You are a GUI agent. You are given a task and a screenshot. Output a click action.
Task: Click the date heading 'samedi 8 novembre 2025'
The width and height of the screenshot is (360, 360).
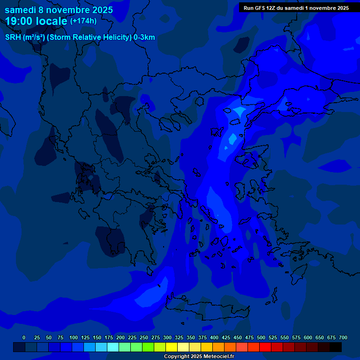point(59,9)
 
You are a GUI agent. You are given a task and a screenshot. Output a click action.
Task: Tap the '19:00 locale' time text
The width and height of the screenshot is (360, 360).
point(37,21)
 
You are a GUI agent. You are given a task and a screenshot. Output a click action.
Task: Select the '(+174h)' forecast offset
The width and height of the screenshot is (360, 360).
point(83,21)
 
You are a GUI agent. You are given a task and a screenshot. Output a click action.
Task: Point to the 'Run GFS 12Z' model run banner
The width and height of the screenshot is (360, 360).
point(296,7)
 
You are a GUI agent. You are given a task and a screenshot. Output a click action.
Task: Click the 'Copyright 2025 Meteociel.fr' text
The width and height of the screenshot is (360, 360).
point(199,357)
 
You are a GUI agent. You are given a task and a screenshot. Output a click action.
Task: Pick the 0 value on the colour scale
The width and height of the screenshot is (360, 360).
point(24,337)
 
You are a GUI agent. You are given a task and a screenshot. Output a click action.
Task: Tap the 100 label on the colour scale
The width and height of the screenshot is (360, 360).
point(73,337)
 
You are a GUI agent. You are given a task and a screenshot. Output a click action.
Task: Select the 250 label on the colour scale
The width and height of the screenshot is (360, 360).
point(143,337)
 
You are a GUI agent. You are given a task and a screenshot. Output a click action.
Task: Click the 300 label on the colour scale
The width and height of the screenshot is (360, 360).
point(167,337)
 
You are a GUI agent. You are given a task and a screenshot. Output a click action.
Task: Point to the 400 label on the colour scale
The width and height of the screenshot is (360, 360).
point(214,337)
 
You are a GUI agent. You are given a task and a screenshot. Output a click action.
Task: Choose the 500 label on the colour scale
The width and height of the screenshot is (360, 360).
point(261,337)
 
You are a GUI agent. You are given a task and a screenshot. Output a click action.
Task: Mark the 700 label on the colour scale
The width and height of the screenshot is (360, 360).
point(343,337)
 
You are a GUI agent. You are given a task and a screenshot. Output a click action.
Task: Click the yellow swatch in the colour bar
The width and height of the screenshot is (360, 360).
point(172,347)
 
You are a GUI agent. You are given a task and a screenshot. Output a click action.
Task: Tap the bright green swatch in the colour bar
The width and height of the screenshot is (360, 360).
point(148,347)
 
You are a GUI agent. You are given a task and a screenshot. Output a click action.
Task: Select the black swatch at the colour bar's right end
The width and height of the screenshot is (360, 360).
point(336,347)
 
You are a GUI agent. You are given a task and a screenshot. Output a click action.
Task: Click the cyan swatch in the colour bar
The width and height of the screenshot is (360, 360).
point(113,347)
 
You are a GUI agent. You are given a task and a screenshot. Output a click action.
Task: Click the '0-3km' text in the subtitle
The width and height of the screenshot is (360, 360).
point(144,37)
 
